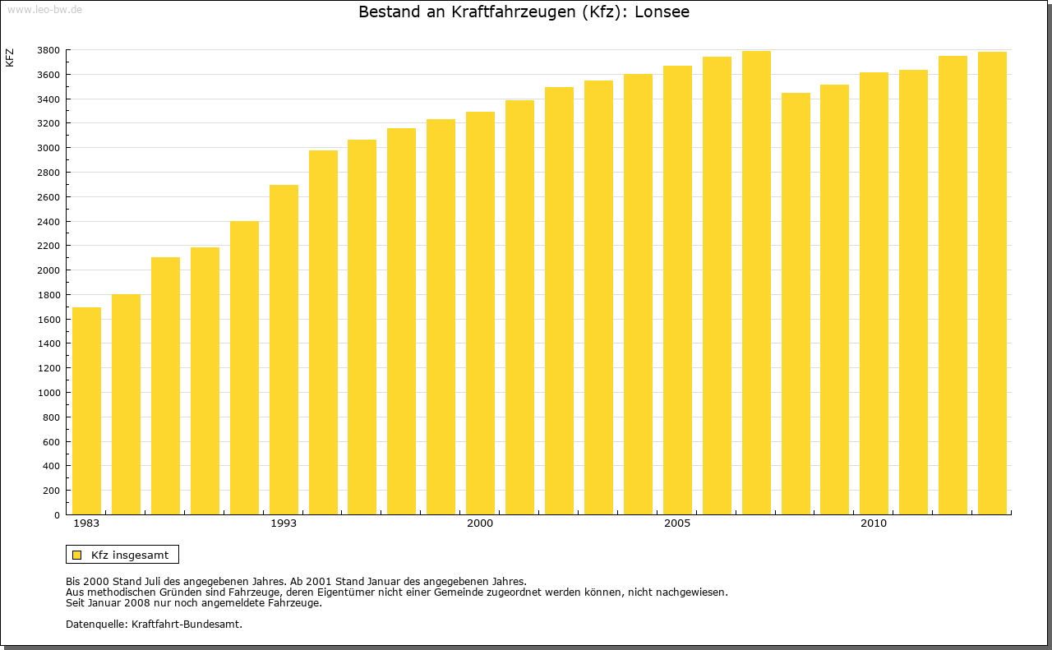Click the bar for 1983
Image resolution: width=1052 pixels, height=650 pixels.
(x=86, y=411)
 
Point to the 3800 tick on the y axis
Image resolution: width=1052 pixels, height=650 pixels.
(x=48, y=51)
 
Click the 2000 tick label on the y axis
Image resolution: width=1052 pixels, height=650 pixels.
(x=48, y=270)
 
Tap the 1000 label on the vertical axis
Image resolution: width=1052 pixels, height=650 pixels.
(x=48, y=393)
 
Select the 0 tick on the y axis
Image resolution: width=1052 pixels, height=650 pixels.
(x=56, y=515)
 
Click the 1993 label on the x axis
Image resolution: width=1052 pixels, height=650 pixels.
(x=284, y=523)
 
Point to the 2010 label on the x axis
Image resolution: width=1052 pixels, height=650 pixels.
(x=874, y=523)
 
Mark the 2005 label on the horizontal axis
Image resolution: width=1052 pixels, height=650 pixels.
(x=677, y=523)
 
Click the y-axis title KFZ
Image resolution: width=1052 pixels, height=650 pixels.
(x=10, y=58)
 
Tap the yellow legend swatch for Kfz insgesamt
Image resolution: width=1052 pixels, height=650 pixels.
(x=76, y=555)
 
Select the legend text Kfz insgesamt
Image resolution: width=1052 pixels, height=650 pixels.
(x=130, y=555)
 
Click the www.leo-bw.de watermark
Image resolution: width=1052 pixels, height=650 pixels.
(x=44, y=8)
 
